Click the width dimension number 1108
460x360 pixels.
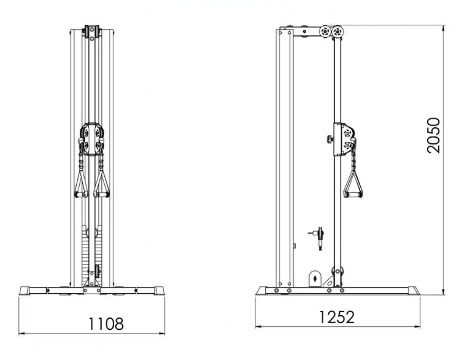point(106,324)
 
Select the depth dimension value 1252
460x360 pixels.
point(336,317)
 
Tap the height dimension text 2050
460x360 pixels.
point(434,135)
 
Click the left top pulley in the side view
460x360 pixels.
point(325,31)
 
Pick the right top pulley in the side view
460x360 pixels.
point(338,31)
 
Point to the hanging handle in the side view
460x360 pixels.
point(353,184)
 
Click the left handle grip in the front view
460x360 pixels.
point(81,194)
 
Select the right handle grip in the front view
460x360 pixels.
point(101,194)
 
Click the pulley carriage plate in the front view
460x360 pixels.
point(92,139)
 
